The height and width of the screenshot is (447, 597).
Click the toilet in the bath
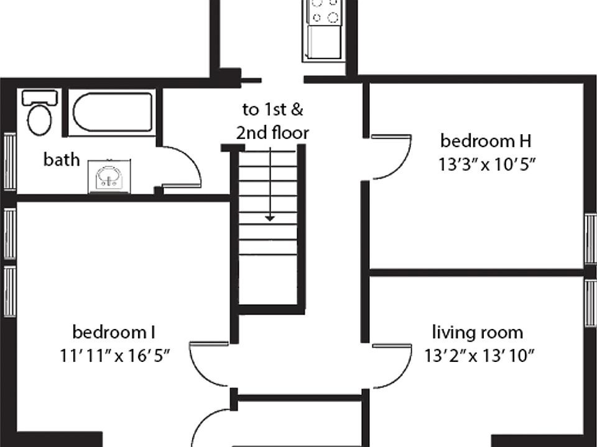click(x=40, y=112)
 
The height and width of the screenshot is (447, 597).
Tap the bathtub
click(x=112, y=112)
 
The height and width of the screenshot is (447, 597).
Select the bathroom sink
click(x=109, y=177)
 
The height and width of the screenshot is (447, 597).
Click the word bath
click(x=62, y=160)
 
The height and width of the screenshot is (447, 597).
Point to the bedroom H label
click(x=486, y=141)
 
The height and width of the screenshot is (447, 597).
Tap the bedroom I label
click(x=114, y=332)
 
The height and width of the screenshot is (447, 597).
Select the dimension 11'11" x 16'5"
click(x=114, y=356)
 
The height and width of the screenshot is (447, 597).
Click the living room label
click(x=478, y=333)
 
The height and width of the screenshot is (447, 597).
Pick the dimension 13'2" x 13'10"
click(x=479, y=356)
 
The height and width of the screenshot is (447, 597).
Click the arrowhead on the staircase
click(x=270, y=219)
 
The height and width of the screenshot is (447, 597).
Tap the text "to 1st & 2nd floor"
click(x=272, y=121)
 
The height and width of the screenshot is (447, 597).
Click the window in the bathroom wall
click(x=9, y=161)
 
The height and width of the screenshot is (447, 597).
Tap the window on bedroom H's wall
click(x=591, y=238)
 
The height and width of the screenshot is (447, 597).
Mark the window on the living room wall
click(x=591, y=303)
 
